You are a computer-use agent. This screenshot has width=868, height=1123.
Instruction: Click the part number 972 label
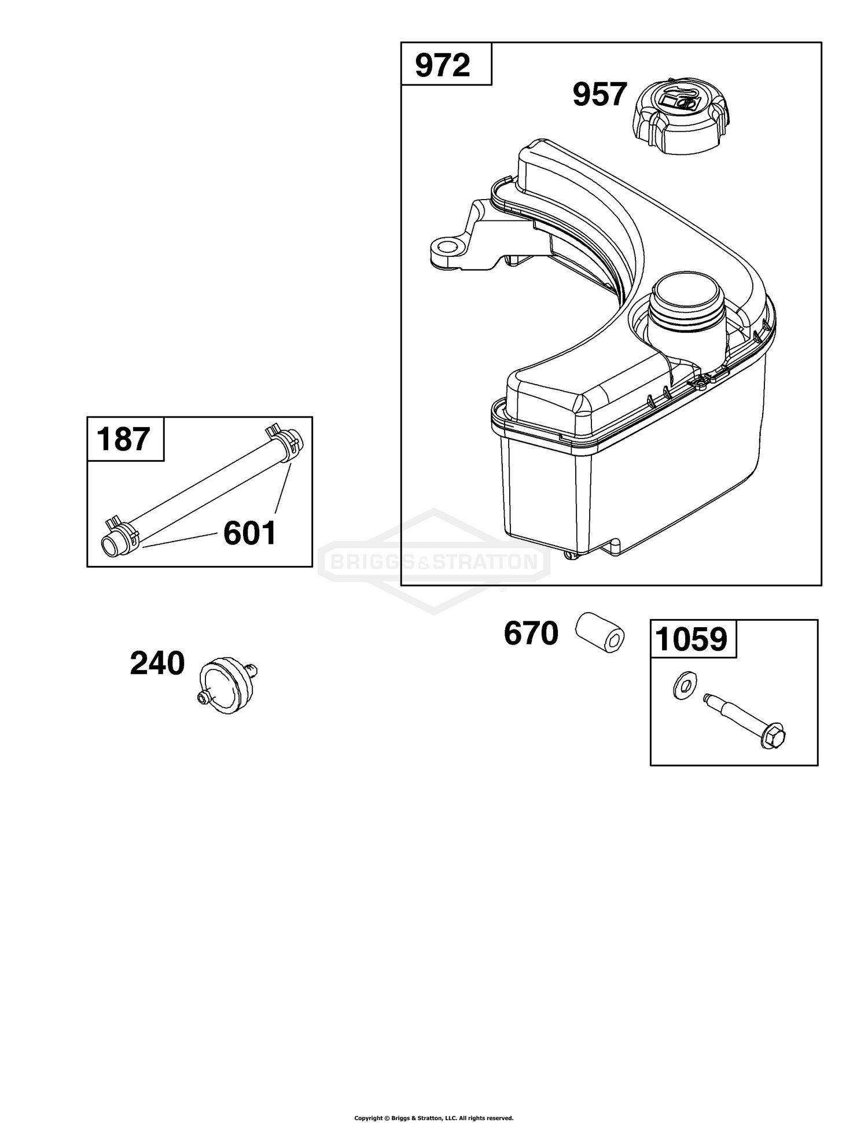point(443,66)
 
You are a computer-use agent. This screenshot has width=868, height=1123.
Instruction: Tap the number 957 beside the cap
point(600,94)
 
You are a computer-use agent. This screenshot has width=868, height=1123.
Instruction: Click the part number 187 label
point(124,439)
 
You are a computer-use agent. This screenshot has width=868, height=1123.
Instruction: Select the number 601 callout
point(250,533)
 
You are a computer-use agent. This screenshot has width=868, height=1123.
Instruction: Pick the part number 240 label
point(157,664)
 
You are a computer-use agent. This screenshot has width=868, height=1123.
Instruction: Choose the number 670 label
point(531,633)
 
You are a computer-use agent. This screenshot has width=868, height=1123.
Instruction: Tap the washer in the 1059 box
point(685,685)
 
